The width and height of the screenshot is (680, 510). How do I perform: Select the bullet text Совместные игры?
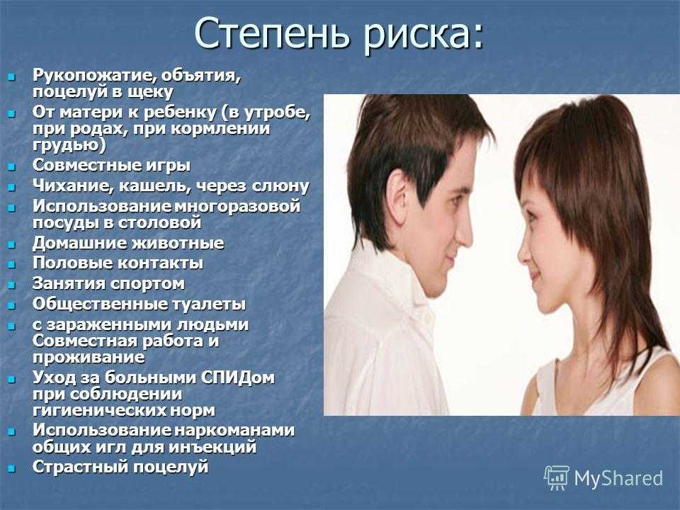coord(111,166)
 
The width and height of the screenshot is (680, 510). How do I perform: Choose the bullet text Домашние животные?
coord(128,243)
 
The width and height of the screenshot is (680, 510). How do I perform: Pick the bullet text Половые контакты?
coord(118,263)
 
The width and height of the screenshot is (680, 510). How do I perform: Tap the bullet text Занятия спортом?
coord(109,284)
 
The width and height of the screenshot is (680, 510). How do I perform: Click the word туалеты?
coord(209,304)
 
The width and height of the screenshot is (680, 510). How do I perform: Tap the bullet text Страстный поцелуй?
coord(120,467)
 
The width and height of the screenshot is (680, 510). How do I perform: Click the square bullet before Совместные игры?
coord(12,166)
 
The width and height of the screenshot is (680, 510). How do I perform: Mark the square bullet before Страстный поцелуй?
coord(12,468)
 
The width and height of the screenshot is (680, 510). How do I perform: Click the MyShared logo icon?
coord(557,477)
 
